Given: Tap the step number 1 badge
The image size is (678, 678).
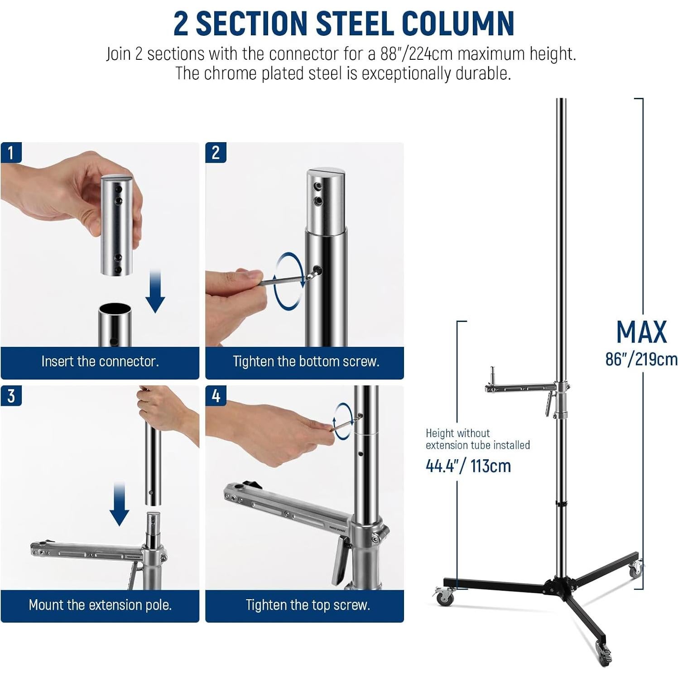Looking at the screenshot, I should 11,153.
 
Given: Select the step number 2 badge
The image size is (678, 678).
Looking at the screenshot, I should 216,153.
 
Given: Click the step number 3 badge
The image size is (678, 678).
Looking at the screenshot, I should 11,396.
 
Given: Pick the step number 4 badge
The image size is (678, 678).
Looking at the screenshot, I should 216,396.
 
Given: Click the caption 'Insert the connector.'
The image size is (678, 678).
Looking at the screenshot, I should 100,361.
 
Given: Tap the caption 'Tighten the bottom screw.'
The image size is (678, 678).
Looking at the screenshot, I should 306,361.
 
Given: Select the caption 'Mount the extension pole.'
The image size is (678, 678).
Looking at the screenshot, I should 100,605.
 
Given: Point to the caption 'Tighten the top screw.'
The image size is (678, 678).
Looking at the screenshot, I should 308,605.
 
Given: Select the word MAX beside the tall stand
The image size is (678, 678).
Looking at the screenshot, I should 641,332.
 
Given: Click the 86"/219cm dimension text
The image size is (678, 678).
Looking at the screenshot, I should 641,359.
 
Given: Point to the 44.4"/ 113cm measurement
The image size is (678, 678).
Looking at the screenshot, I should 468,466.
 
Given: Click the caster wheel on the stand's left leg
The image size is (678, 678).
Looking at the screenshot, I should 444,596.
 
